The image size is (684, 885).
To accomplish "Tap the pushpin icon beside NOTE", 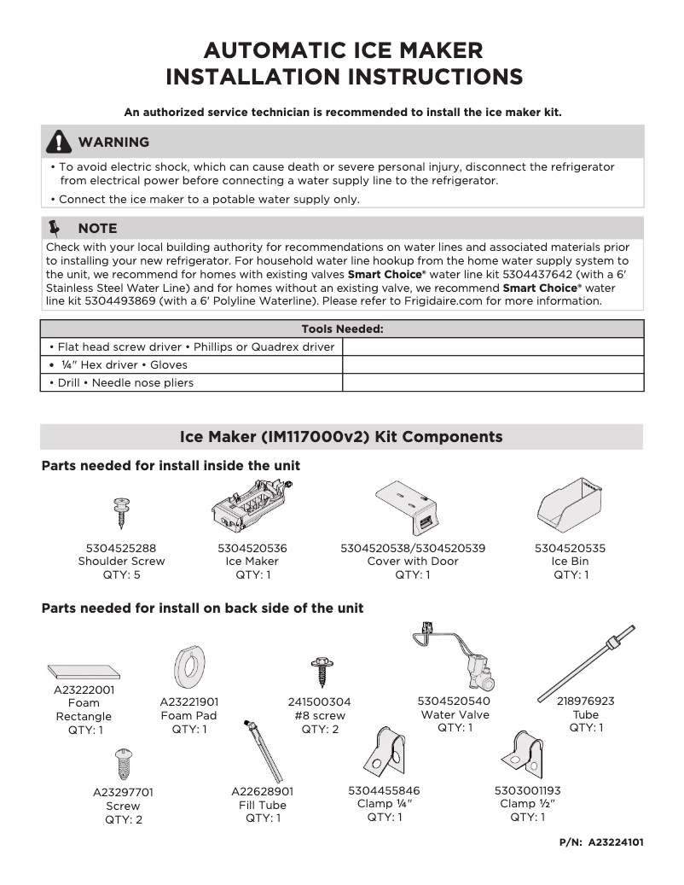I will coord(56,228).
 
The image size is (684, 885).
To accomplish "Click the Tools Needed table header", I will coord(342,329).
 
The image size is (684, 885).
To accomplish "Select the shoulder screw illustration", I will coord(121,512).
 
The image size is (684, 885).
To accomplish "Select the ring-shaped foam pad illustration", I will coord(188,667).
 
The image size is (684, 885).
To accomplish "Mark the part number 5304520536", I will coord(252,548).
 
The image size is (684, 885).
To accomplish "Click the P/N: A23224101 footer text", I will coord(601,841).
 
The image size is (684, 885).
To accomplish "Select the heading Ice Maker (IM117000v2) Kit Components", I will coord(341,437).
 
